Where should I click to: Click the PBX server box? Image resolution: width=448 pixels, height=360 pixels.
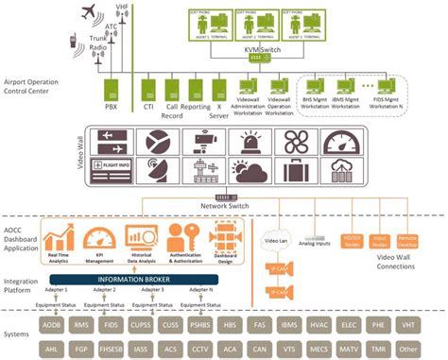click(110, 91)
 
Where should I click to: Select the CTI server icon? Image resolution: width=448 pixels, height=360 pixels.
click(147, 91)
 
